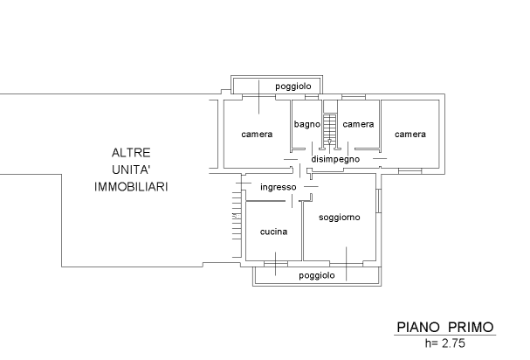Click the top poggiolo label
(x=293, y=87)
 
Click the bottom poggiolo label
(x=316, y=275)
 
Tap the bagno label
(x=306, y=124)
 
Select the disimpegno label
(x=335, y=159)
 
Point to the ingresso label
(x=279, y=187)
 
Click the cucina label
(x=274, y=232)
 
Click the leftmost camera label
(x=257, y=135)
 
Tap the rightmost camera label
(x=410, y=135)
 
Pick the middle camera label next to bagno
(x=358, y=124)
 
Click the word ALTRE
(x=131, y=152)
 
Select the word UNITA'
(x=131, y=170)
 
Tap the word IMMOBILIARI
(x=131, y=187)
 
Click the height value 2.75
(x=452, y=345)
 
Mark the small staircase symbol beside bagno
(x=330, y=129)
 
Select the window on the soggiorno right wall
(x=378, y=202)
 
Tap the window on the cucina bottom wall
(x=276, y=261)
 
